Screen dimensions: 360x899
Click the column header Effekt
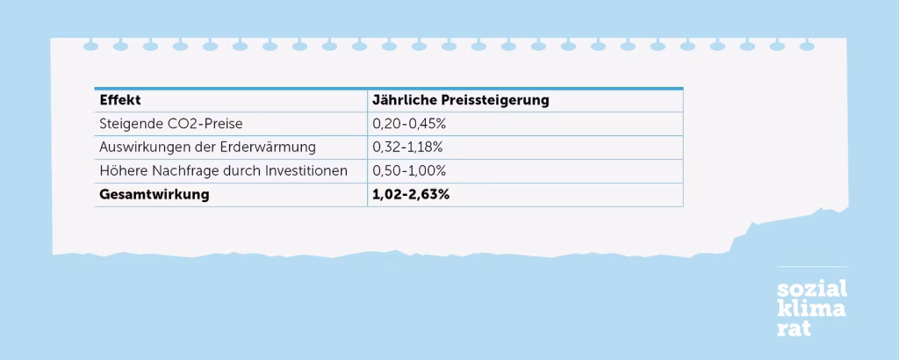point(120,100)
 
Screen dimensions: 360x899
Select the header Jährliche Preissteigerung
point(461,100)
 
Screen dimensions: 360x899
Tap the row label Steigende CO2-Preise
point(170,124)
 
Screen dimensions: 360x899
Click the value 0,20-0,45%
point(410,124)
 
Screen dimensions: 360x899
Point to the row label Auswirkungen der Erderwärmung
point(207,147)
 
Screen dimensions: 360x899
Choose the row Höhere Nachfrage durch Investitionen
point(223,170)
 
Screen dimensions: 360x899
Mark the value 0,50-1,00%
point(410,170)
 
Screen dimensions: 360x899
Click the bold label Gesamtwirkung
point(155,194)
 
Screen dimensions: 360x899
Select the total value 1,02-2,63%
point(411,194)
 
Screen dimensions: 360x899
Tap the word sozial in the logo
point(812,291)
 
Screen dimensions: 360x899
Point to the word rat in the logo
point(794,328)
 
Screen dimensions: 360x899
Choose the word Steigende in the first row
point(130,124)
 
